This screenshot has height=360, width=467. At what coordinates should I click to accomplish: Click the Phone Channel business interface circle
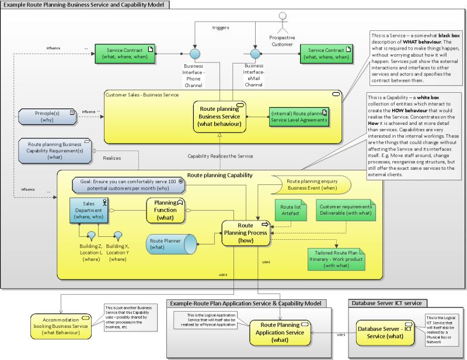pyautogui.click(x=195, y=54)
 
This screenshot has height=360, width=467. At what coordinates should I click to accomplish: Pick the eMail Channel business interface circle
pyautogui.click(x=255, y=54)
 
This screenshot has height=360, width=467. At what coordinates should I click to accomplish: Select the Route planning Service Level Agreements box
pyautogui.click(x=298, y=117)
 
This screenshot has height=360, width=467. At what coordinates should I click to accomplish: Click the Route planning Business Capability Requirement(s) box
pyautogui.click(x=55, y=149)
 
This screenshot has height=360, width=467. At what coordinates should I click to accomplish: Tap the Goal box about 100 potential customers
pyautogui.click(x=129, y=184)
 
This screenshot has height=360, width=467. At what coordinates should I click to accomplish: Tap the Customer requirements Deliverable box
pyautogui.click(x=344, y=210)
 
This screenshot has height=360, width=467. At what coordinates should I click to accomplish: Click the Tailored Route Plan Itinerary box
pyautogui.click(x=335, y=257)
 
